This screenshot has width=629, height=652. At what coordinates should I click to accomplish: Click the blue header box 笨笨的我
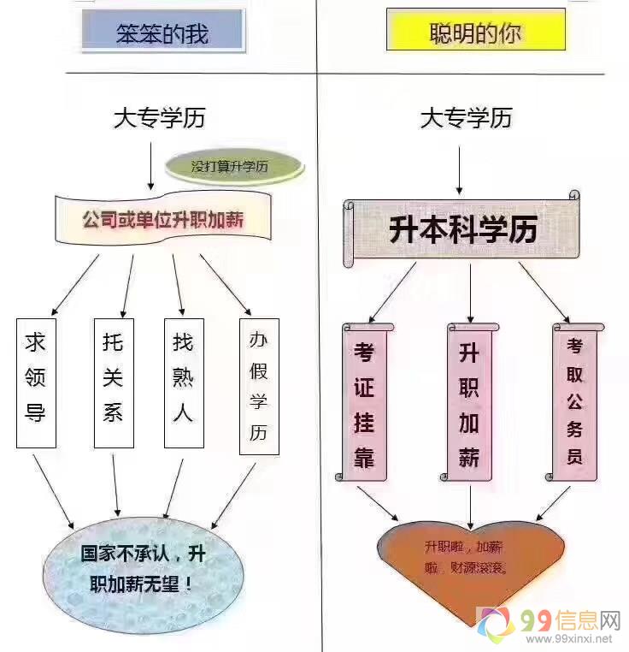click(162, 32)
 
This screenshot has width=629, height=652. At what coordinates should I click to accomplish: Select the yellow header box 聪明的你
click(475, 32)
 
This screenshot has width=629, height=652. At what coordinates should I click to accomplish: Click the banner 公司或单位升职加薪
click(163, 220)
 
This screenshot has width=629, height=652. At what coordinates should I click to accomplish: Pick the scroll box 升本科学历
click(462, 229)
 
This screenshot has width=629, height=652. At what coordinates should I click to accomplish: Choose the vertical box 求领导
click(36, 382)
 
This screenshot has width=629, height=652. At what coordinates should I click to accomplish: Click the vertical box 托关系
click(113, 382)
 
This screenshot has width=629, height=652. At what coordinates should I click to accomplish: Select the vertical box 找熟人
click(183, 382)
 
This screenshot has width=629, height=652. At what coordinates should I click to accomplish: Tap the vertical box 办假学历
click(259, 386)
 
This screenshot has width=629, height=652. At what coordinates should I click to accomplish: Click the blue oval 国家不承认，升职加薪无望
click(137, 569)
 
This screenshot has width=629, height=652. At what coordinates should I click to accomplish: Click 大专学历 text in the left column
click(159, 117)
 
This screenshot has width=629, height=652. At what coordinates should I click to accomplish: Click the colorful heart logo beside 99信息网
click(497, 626)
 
